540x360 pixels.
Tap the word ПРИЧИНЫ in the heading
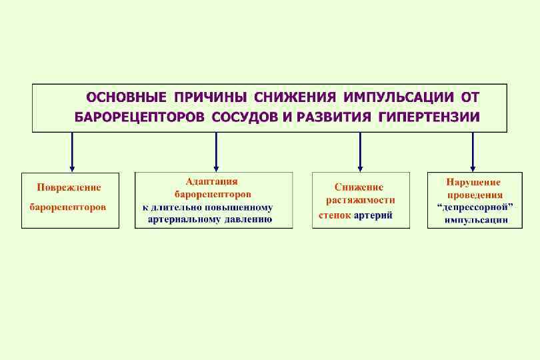click(x=211, y=97)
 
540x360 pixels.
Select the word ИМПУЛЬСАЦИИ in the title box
click(x=394, y=97)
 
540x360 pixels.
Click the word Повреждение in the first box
click(x=69, y=188)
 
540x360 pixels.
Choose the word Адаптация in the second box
click(x=211, y=181)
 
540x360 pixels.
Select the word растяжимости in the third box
click(x=361, y=200)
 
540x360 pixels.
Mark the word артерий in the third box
click(x=373, y=215)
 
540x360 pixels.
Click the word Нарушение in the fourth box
click(x=473, y=182)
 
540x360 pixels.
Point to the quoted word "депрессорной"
click(x=475, y=207)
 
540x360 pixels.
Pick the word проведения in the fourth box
click(x=475, y=195)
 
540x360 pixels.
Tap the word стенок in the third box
click(x=335, y=215)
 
